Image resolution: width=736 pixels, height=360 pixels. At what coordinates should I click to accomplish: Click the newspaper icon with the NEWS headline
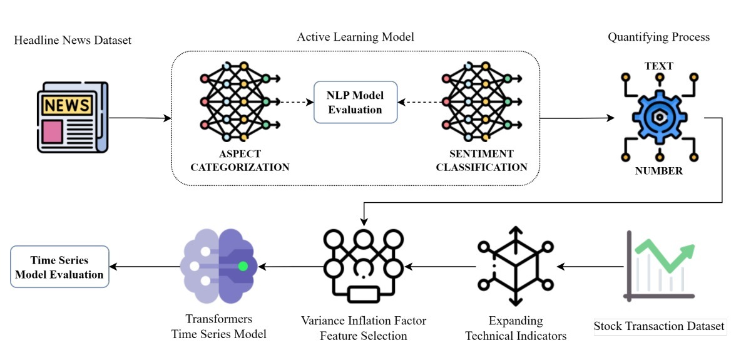click(71, 118)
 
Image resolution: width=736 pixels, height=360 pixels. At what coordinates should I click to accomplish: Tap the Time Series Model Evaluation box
click(60, 267)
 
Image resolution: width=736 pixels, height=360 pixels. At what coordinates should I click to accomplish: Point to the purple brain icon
click(218, 266)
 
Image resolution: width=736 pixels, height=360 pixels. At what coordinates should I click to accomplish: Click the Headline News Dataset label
click(73, 40)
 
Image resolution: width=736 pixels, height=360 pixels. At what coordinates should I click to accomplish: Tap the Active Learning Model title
click(355, 37)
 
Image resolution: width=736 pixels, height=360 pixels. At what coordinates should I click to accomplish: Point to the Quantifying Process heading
click(658, 37)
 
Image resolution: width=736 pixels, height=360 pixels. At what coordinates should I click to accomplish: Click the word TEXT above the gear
click(659, 66)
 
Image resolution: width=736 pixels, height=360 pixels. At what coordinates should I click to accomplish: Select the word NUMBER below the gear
click(659, 170)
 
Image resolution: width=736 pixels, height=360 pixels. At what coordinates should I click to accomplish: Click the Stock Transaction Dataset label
click(659, 326)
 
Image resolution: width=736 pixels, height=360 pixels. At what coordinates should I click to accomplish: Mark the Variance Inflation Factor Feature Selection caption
click(364, 329)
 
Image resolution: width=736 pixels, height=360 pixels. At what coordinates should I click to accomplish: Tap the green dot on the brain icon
click(243, 266)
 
